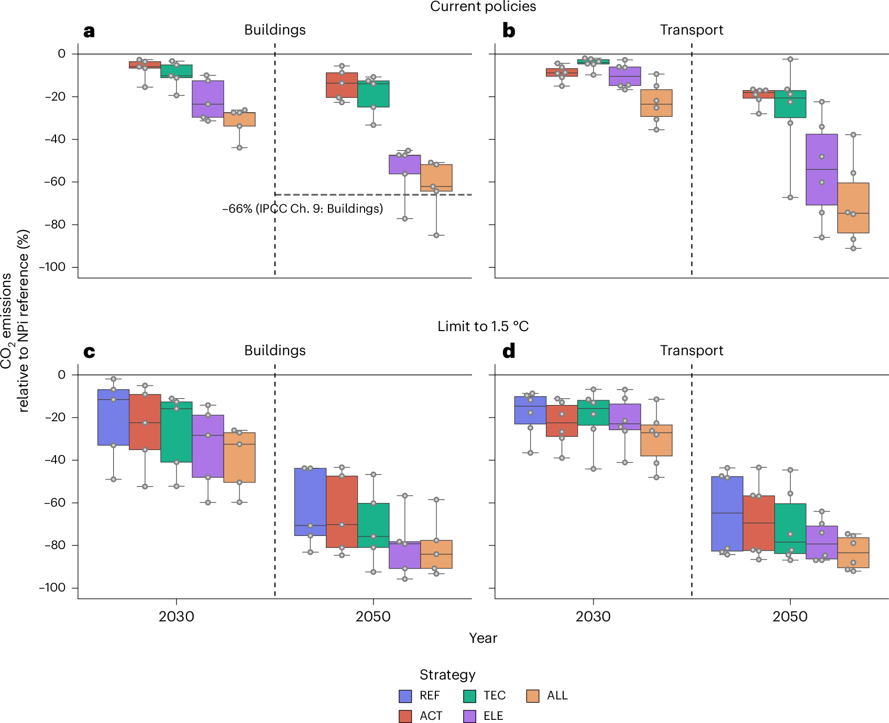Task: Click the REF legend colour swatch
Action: [x=405, y=696]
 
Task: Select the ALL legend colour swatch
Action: [x=533, y=696]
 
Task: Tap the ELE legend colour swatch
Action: [x=470, y=716]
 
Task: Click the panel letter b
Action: [x=508, y=31]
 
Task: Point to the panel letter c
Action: [x=89, y=352]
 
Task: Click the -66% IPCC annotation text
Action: [x=302, y=209]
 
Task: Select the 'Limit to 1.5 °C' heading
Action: [x=483, y=326]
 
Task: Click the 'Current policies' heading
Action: [x=483, y=7]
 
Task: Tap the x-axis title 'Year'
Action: [x=483, y=638]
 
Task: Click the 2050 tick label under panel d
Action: [x=790, y=616]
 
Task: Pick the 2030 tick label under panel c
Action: [x=176, y=616]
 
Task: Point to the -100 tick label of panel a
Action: [x=52, y=267]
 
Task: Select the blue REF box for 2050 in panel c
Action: [x=310, y=501]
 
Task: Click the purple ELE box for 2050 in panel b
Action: [x=821, y=169]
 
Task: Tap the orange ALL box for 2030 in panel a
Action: [x=239, y=119]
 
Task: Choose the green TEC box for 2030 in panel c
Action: [x=177, y=432]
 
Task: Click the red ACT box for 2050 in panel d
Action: [x=759, y=523]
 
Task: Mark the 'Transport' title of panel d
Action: [x=692, y=350]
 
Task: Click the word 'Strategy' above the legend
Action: [x=447, y=675]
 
